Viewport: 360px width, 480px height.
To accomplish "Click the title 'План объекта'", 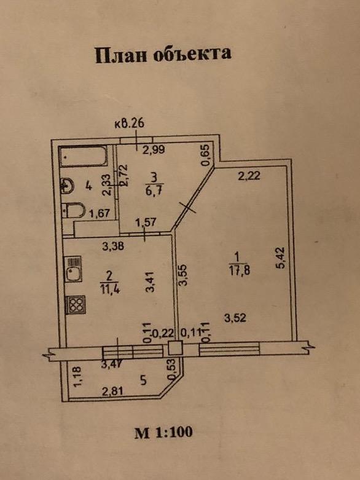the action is pyautogui.click(x=163, y=55).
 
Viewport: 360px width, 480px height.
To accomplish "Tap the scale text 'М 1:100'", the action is pyautogui.click(x=163, y=432).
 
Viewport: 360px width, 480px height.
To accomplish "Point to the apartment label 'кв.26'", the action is pyautogui.click(x=130, y=124).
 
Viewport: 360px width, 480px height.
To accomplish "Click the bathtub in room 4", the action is pyautogui.click(x=84, y=157).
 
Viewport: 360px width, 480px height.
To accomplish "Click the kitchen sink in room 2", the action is pyautogui.click(x=72, y=269).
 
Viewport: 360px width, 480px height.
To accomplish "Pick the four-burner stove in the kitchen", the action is pyautogui.click(x=75, y=305).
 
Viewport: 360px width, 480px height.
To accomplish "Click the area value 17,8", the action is pyautogui.click(x=239, y=270).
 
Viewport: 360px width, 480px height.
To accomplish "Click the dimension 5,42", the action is pyautogui.click(x=281, y=258).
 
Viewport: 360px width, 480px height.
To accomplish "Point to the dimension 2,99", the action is pyautogui.click(x=154, y=150).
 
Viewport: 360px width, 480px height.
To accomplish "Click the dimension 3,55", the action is pyautogui.click(x=183, y=275).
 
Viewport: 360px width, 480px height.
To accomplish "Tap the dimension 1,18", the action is pyautogui.click(x=77, y=376).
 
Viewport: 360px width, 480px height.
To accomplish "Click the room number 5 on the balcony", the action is pyautogui.click(x=143, y=380).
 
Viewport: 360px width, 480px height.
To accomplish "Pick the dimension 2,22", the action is pyautogui.click(x=249, y=176).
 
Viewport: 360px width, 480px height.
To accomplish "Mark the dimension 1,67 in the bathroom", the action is pyautogui.click(x=99, y=213).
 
